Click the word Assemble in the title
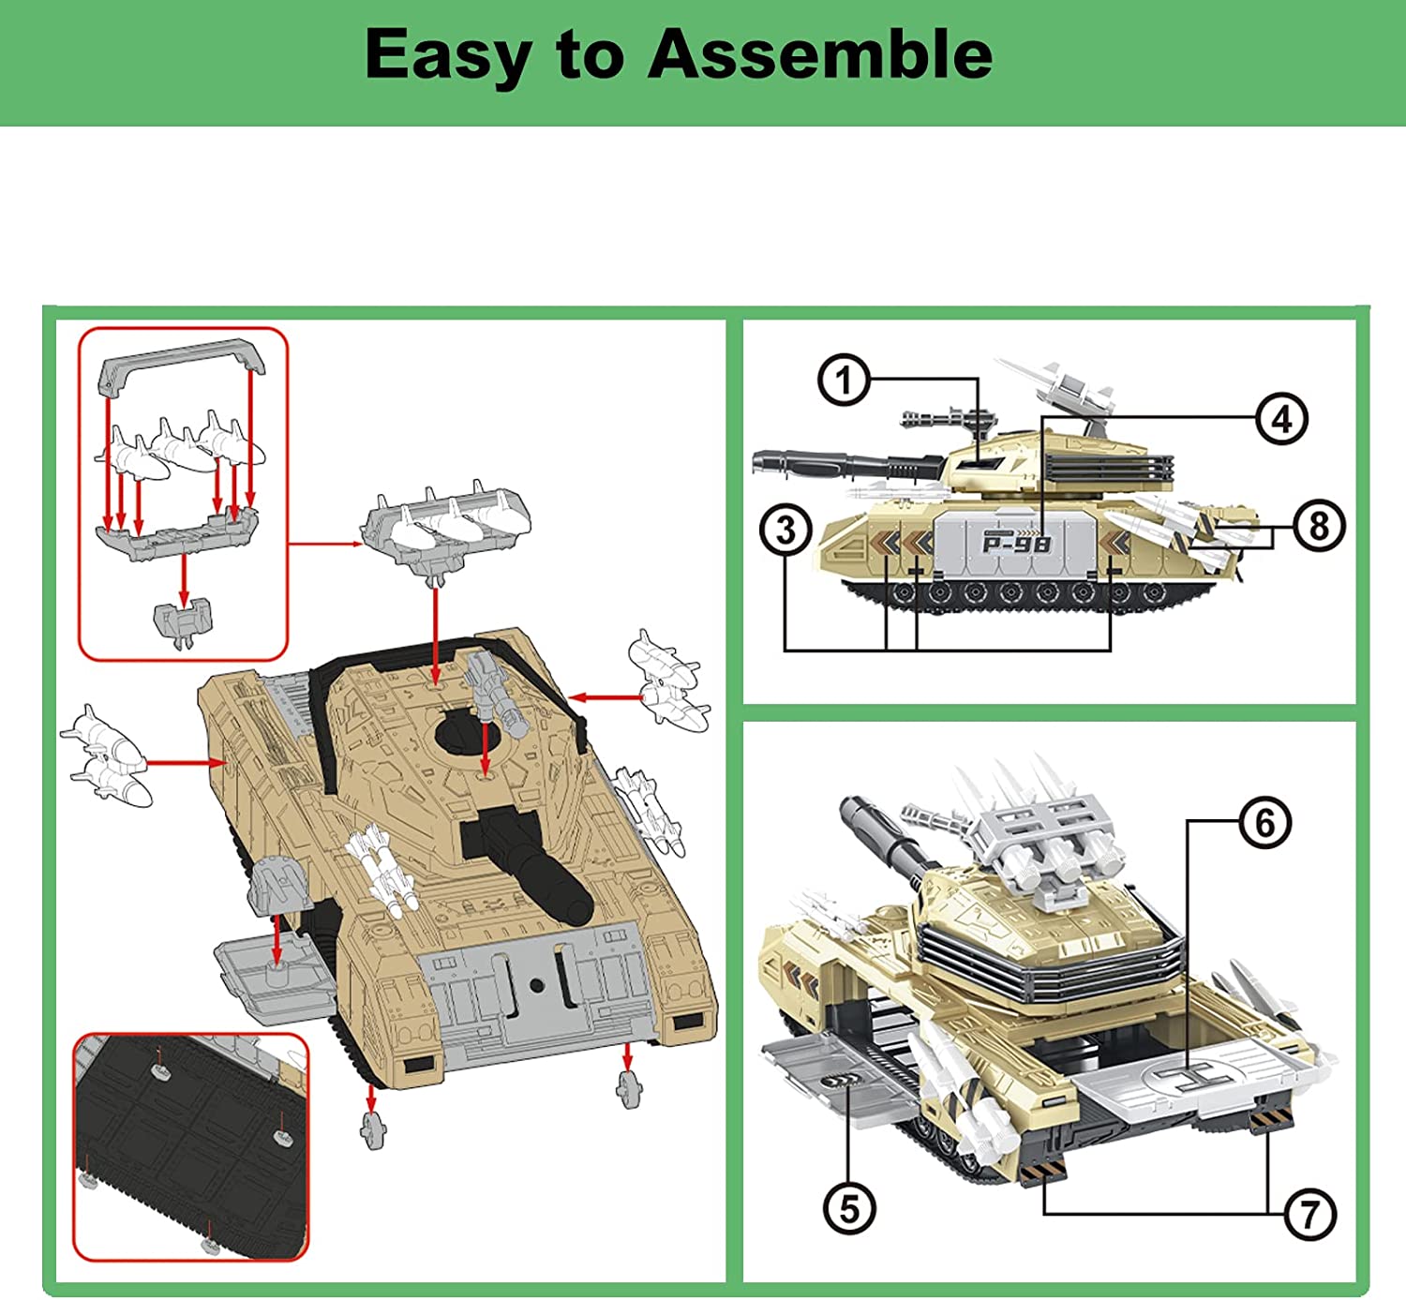click(820, 54)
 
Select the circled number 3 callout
click(785, 530)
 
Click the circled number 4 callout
click(1281, 419)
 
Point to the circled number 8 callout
click(1319, 526)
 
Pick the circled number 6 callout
click(1265, 823)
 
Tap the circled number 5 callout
click(849, 1208)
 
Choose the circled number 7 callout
click(1309, 1214)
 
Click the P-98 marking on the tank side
click(1016, 543)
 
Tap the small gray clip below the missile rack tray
click(183, 622)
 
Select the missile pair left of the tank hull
click(105, 756)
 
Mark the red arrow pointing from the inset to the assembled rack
click(324, 544)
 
